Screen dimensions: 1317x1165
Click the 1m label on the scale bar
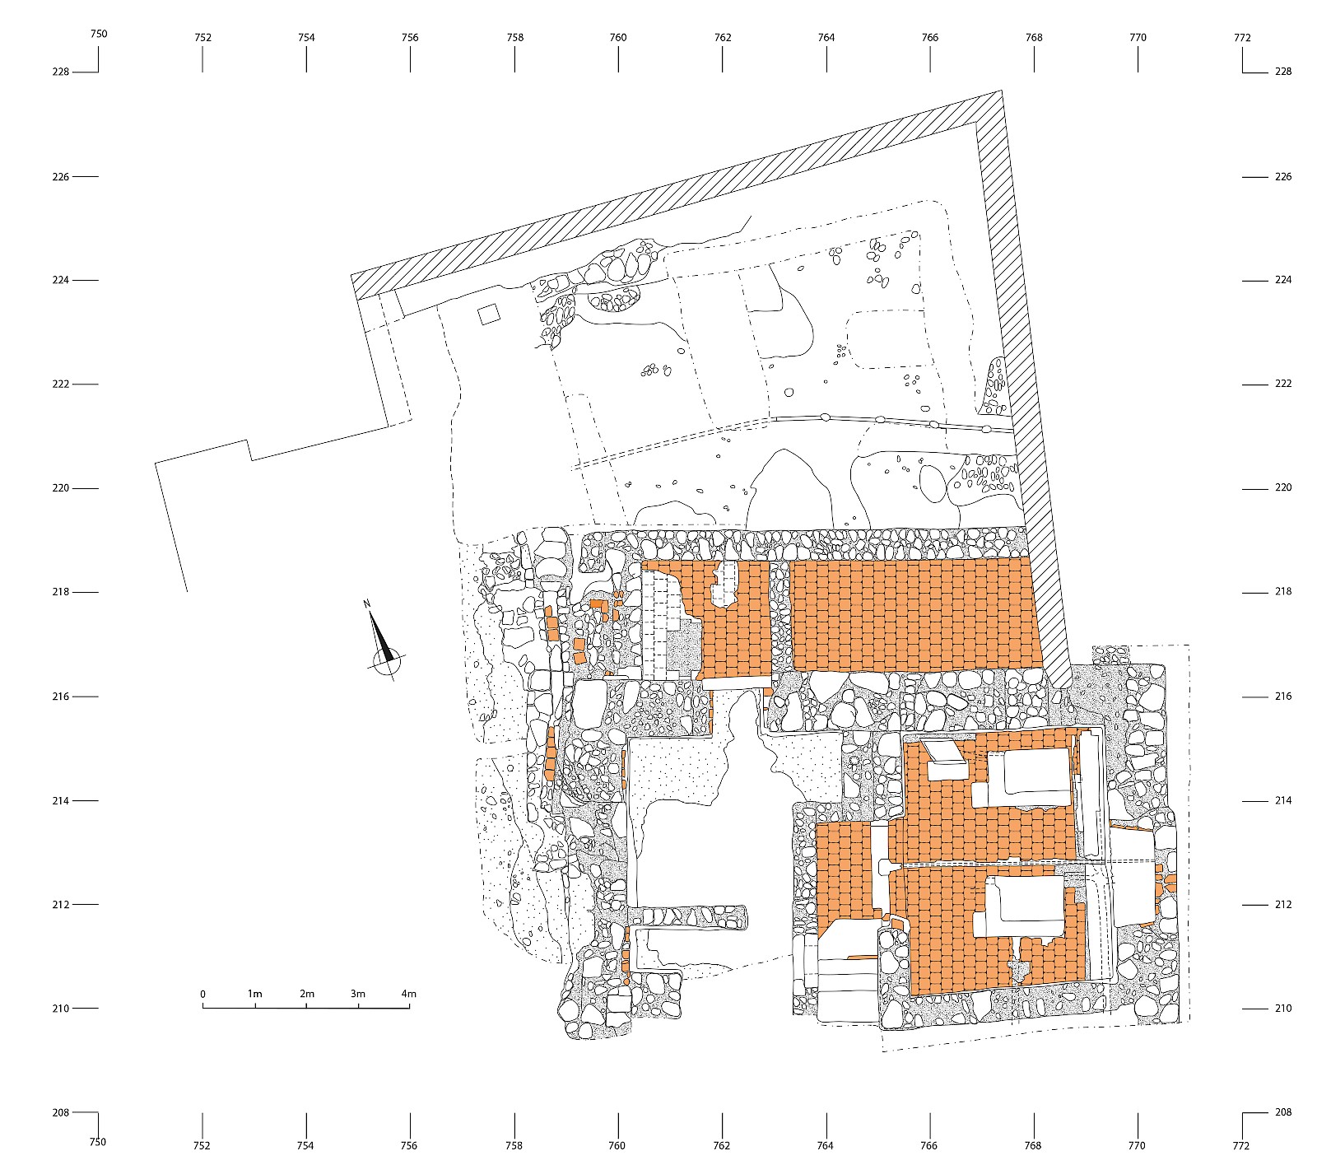254,994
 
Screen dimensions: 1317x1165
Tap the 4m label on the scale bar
409,994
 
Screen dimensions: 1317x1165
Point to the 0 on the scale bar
203,994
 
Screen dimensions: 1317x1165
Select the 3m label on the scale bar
357,994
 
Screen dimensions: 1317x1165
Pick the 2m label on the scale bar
306,994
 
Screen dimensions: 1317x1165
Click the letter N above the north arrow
366,605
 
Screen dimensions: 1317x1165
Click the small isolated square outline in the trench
489,314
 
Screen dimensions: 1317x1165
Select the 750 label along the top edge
98,34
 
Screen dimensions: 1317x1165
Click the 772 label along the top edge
1242,37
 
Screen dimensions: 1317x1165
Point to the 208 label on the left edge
60,1112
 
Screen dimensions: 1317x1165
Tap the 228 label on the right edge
1282,72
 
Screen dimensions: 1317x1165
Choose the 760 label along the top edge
618,37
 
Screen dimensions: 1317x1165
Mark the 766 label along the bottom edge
930,1145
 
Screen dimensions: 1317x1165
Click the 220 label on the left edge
60,488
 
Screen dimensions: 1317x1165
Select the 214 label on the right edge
1282,800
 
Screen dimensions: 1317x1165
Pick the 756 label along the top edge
410,37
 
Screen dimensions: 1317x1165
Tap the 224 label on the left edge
60,280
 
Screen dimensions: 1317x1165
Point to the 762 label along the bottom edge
722,1145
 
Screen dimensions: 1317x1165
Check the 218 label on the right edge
1282,592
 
